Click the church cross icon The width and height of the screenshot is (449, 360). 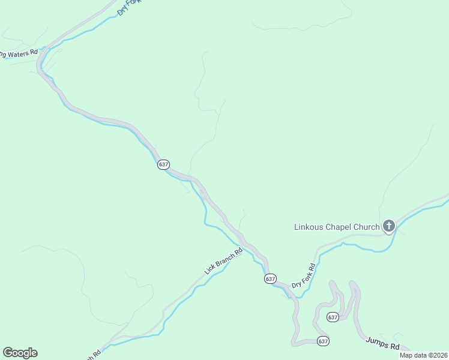pyautogui.click(x=388, y=226)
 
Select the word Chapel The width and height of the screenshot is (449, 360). pyautogui.click(x=341, y=227)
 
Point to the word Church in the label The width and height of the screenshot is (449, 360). pyautogui.click(x=368, y=227)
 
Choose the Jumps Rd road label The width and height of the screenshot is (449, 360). pyautogui.click(x=382, y=344)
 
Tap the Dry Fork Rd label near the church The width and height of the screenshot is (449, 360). pyautogui.click(x=303, y=276)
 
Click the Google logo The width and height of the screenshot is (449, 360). pyautogui.click(x=20, y=353)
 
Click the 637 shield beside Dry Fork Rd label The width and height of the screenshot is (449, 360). pyautogui.click(x=270, y=279)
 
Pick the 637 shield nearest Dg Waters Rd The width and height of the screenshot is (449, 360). pyautogui.click(x=163, y=164)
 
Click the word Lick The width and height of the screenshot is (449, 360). pyautogui.click(x=209, y=269)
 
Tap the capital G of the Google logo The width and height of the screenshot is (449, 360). pyautogui.click(x=8, y=352)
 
